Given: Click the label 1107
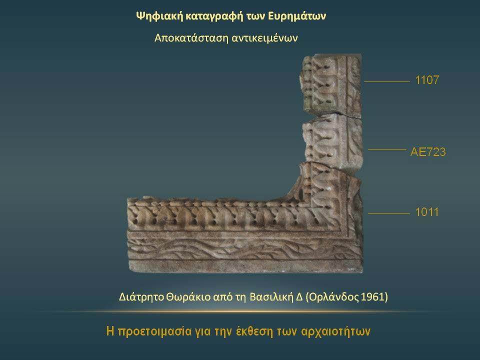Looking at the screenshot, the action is [426, 80].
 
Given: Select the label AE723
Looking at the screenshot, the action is [428, 152].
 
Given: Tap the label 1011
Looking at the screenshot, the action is [426, 212].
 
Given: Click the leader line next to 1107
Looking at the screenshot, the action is [386, 81].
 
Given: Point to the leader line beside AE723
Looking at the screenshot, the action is [387, 149].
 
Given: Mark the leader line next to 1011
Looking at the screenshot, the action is [389, 213].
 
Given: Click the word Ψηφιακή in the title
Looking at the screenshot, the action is [159, 16].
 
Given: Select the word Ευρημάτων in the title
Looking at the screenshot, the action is [297, 16].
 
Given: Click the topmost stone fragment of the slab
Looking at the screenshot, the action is [332, 85].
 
